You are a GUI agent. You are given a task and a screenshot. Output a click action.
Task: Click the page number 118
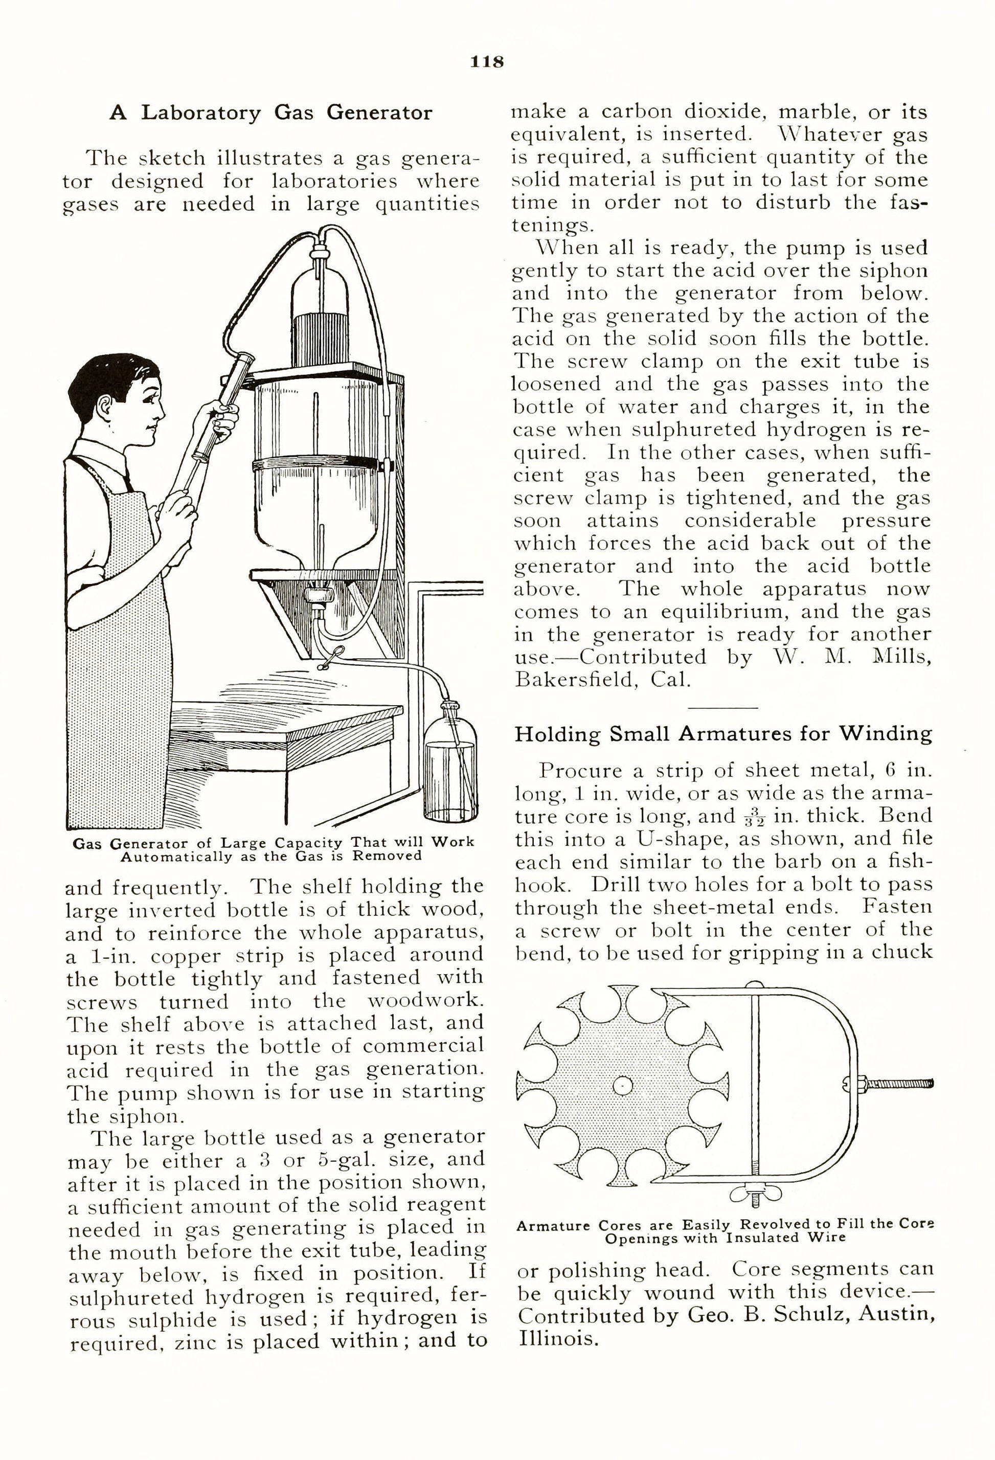click(487, 61)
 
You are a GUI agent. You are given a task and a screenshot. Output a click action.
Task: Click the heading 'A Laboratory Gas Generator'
click(270, 113)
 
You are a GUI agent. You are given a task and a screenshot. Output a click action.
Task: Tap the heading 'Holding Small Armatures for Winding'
click(723, 734)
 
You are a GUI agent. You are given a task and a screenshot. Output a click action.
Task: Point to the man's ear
click(105, 407)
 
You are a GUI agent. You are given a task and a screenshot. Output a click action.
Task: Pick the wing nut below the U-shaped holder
click(756, 1193)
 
